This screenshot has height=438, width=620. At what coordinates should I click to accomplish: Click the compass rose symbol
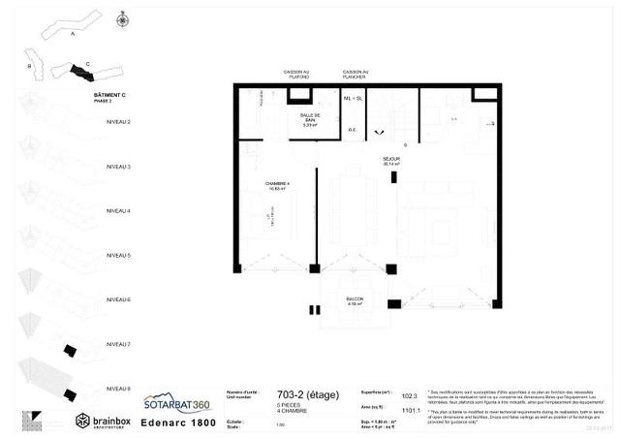(x=122, y=18)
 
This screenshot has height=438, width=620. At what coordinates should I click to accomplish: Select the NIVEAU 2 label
(x=117, y=123)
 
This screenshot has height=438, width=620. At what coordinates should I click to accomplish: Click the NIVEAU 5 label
(x=117, y=256)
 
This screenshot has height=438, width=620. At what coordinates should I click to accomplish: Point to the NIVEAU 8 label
(x=117, y=388)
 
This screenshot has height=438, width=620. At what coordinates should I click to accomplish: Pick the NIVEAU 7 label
(x=117, y=344)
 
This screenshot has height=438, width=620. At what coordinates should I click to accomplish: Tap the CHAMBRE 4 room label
(x=278, y=186)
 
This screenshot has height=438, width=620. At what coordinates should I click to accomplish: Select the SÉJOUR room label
(x=391, y=160)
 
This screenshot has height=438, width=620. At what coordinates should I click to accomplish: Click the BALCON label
(x=356, y=301)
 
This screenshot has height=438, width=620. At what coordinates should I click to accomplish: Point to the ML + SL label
(x=353, y=98)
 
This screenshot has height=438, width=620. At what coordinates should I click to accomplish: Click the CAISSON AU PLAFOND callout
(x=296, y=75)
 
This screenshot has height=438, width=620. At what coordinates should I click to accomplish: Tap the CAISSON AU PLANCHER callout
(x=355, y=75)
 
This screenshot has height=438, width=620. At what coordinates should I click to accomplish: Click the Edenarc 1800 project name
(x=176, y=422)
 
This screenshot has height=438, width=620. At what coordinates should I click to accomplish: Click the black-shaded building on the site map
(x=74, y=70)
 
